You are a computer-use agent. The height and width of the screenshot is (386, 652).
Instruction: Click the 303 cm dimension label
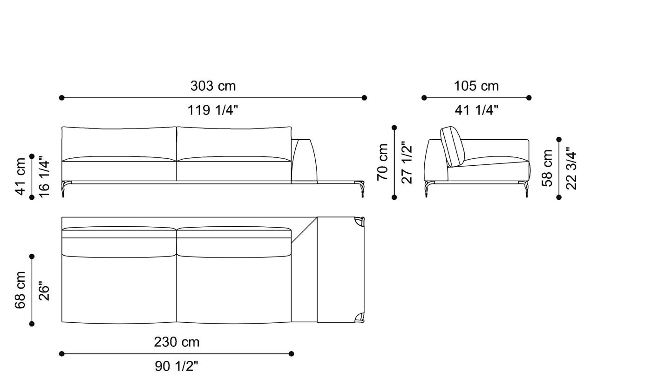tap(213, 86)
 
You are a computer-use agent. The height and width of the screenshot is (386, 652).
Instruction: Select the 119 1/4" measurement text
tap(213, 110)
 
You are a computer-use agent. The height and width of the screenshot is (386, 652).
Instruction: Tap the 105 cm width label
tap(476, 86)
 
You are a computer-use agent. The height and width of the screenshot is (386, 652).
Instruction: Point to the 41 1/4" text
tap(476, 110)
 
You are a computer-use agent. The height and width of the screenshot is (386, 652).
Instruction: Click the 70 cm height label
tap(383, 162)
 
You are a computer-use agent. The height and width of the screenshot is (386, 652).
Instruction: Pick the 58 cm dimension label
tap(548, 168)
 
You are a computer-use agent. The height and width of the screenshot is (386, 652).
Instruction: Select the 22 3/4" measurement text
tap(571, 168)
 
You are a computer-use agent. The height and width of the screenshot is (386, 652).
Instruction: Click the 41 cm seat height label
tap(21, 176)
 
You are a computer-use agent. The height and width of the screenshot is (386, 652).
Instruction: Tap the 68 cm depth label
tap(21, 290)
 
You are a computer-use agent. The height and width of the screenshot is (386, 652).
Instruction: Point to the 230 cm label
tap(177, 342)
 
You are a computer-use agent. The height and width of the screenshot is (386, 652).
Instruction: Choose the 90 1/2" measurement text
tap(177, 366)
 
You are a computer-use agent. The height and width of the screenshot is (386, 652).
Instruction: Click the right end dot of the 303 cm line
tap(364, 98)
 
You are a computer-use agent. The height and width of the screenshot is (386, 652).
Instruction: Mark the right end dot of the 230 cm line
tap(291, 354)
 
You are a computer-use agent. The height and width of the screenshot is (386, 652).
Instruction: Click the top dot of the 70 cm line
tap(394, 128)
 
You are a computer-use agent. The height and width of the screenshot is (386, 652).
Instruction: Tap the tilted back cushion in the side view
tap(451, 146)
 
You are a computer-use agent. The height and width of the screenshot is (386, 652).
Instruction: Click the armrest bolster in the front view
tap(304, 160)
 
